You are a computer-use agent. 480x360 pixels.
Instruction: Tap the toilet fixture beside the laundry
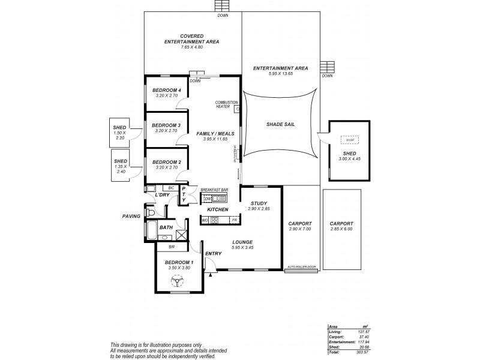(x=152, y=213)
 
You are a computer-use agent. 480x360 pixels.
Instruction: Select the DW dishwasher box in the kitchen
(x=207, y=199)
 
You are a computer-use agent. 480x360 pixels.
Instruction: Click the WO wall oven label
(x=205, y=221)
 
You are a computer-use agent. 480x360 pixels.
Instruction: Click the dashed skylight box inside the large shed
(x=349, y=140)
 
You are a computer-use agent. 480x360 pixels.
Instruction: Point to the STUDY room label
(x=259, y=203)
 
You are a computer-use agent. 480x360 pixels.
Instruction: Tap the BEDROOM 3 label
(x=166, y=125)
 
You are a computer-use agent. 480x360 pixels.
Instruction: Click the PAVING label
(x=131, y=216)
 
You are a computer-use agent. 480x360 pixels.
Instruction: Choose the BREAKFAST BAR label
(x=215, y=189)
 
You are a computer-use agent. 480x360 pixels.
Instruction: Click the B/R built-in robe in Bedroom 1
(x=171, y=247)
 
